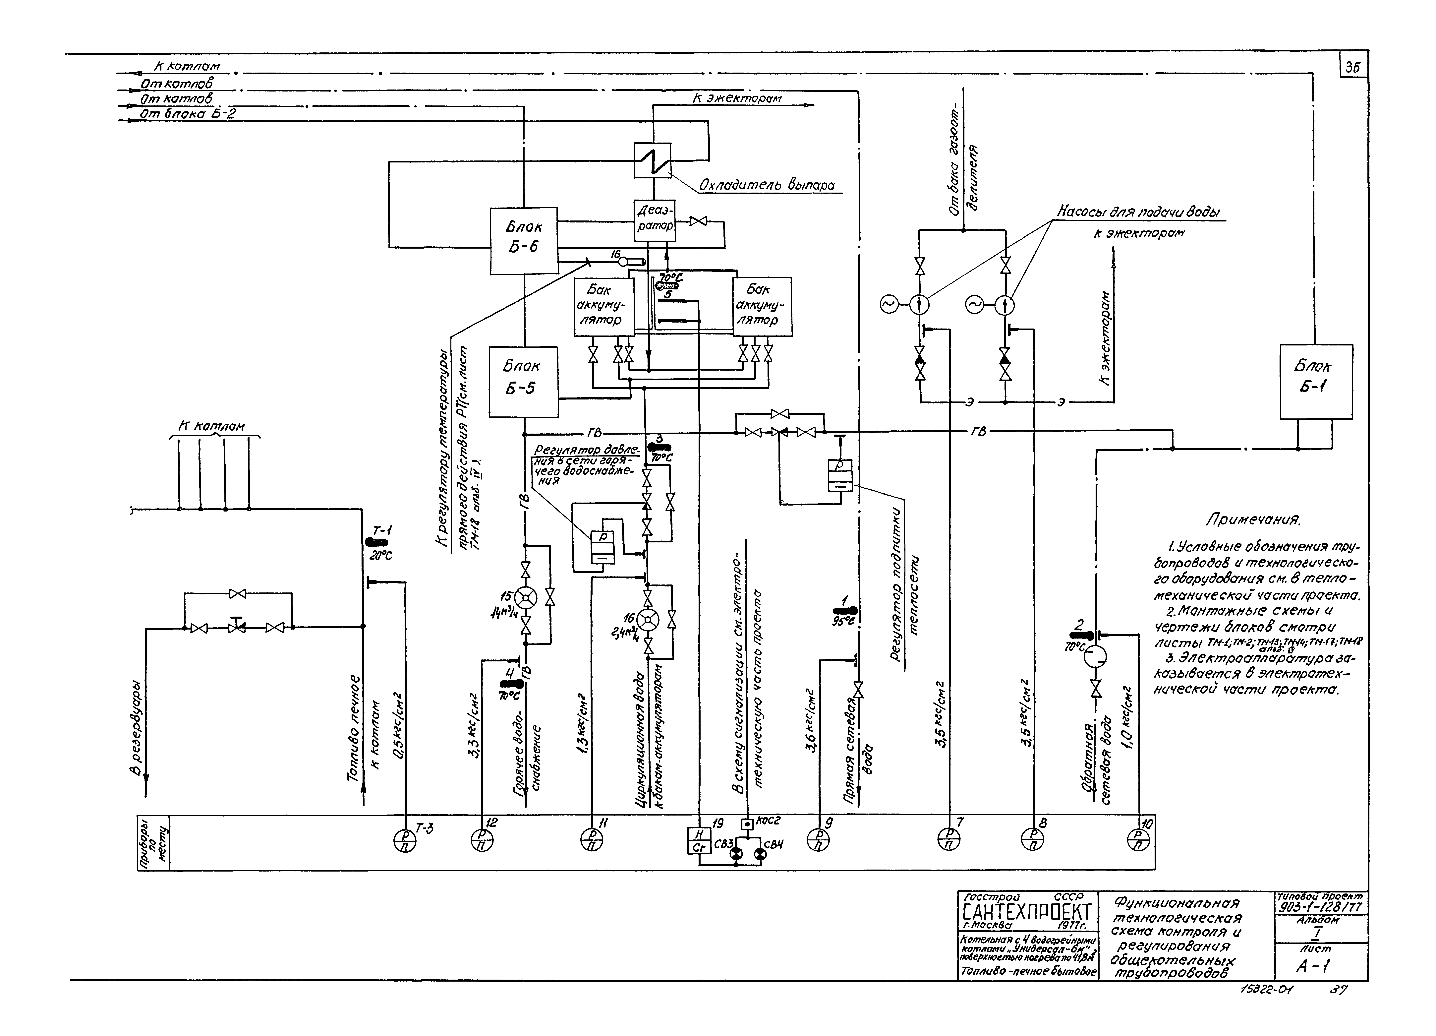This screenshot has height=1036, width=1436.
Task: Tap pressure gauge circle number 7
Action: point(948,840)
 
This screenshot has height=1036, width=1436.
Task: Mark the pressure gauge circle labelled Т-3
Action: point(405,840)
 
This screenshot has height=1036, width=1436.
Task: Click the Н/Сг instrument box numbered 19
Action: point(699,840)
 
